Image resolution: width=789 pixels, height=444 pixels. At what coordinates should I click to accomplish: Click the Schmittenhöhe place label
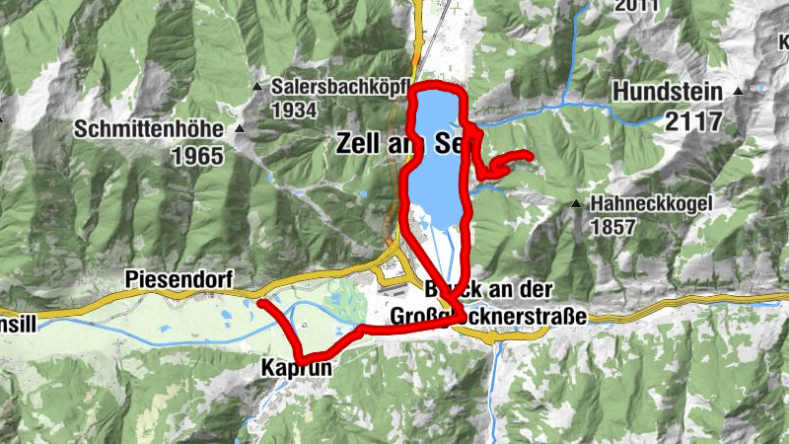[x=151, y=130]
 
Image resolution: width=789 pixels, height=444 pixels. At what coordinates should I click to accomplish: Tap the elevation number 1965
[x=197, y=155]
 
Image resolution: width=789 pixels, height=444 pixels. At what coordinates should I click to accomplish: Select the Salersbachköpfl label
[x=341, y=86]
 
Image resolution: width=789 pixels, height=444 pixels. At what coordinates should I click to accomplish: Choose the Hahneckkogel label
[x=651, y=204]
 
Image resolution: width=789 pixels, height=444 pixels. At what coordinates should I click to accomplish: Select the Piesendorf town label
[x=178, y=280]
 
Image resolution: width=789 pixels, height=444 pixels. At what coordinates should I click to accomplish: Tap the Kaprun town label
[x=293, y=367]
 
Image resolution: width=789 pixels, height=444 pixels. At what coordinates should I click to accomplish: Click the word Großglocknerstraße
[x=489, y=317]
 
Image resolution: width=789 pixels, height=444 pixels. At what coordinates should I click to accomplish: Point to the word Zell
[x=359, y=143]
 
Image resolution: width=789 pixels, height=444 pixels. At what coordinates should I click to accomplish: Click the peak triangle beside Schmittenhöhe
[x=240, y=129]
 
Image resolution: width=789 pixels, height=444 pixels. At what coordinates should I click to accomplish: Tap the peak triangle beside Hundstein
[x=736, y=91]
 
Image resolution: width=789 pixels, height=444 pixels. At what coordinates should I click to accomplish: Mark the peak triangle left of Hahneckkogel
[x=576, y=204]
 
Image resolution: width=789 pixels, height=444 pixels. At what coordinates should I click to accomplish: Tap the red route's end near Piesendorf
[x=261, y=303]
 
